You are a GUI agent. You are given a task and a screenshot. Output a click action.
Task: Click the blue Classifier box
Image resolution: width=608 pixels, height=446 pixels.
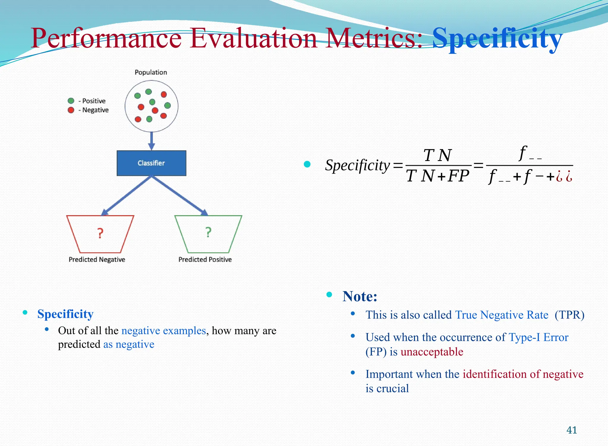(x=151, y=163)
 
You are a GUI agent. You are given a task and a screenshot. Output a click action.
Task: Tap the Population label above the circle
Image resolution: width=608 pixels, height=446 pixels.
(x=151, y=72)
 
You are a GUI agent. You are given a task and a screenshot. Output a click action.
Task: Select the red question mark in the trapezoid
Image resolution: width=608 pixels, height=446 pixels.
(x=100, y=234)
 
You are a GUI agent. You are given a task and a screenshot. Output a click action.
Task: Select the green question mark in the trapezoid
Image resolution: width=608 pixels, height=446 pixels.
(x=208, y=232)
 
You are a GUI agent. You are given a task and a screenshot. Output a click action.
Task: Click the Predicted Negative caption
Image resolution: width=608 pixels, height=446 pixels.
(x=97, y=259)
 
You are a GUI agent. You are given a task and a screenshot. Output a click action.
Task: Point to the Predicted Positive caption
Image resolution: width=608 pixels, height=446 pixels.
(x=205, y=259)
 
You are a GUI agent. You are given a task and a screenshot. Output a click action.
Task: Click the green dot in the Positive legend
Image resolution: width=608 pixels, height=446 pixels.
(x=71, y=101)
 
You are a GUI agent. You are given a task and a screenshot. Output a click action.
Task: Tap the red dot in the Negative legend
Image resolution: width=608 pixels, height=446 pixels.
(x=71, y=110)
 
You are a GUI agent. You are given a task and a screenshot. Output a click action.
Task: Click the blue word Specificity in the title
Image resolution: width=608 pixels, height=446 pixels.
(x=497, y=39)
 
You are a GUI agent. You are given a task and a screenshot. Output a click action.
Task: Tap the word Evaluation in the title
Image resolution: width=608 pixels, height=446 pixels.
(x=254, y=39)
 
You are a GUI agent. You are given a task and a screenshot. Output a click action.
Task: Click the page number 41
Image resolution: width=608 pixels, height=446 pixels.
(x=572, y=430)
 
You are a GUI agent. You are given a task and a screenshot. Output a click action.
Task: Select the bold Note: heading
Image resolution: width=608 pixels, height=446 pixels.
(x=360, y=296)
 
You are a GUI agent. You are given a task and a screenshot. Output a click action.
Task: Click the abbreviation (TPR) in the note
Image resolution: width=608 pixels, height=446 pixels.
(x=569, y=315)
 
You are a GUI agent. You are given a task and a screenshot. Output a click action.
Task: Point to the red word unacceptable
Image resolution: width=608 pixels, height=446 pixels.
(x=432, y=352)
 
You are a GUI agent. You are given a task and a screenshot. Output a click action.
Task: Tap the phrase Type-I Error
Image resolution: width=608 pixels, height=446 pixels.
(x=539, y=338)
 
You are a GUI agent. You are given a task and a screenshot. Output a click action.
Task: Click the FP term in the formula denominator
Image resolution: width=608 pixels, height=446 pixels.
(x=458, y=176)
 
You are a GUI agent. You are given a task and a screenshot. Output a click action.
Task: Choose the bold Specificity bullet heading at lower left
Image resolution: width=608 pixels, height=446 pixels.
(x=65, y=314)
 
